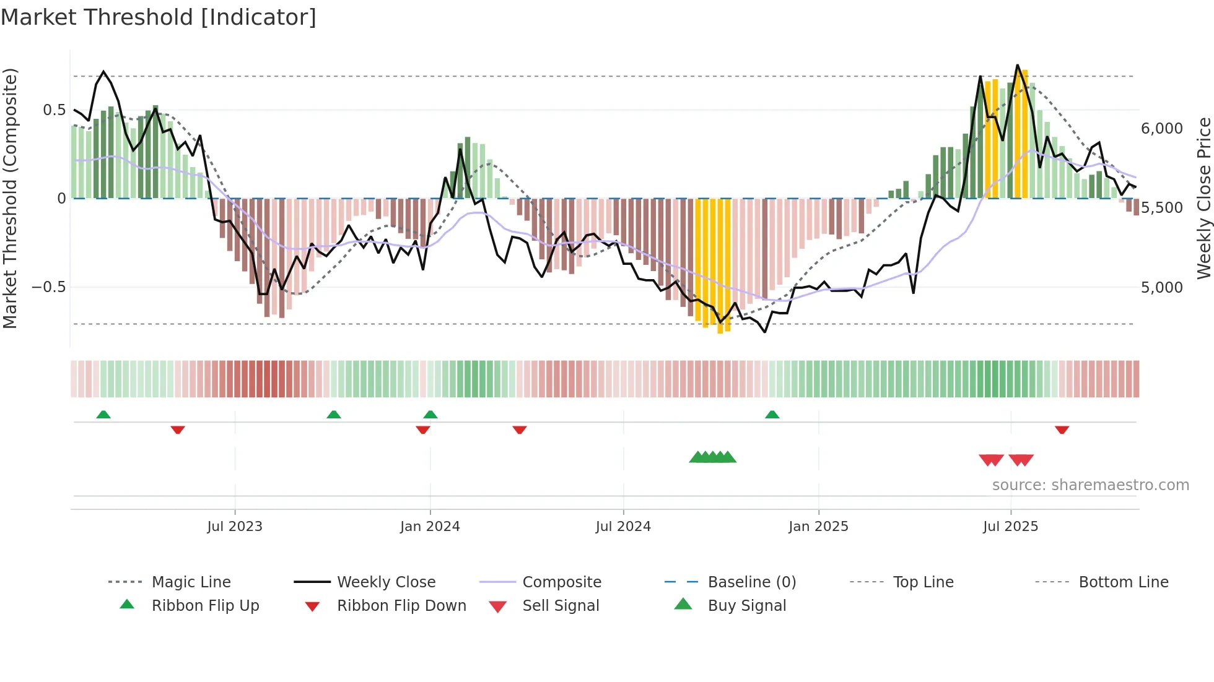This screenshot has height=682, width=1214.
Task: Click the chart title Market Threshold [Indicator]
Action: pos(159,17)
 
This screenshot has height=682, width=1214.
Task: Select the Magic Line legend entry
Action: pos(191,582)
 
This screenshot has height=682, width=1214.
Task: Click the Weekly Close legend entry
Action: pos(386,582)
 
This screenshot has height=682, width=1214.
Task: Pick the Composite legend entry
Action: pos(561,582)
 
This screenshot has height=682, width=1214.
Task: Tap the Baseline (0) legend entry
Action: pos(751,582)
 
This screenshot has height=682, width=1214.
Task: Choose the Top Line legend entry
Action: pos(923,582)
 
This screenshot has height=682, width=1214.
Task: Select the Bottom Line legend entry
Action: pos(1123,582)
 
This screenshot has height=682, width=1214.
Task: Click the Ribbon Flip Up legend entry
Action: pos(205,605)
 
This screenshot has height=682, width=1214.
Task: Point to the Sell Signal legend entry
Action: pos(561,605)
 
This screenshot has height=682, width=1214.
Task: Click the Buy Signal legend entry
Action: pos(746,605)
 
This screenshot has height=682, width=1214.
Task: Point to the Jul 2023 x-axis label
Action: pos(235,526)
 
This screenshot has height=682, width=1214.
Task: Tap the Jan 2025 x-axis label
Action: pos(818,526)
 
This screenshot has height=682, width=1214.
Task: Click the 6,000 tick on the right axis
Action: pos(1162,128)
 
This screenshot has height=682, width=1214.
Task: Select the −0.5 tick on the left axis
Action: pos(48,287)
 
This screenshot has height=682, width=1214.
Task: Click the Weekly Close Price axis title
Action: pos(1203,198)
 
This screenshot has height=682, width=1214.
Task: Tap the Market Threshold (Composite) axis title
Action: pos(10,198)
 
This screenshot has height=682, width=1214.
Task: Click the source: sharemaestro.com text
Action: pos(1090,485)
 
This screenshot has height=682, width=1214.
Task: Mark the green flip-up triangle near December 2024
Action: pos(772,415)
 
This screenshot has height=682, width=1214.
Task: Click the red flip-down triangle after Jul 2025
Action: pos(1062,429)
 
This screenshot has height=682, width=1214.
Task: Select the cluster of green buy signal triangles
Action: pos(712,457)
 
